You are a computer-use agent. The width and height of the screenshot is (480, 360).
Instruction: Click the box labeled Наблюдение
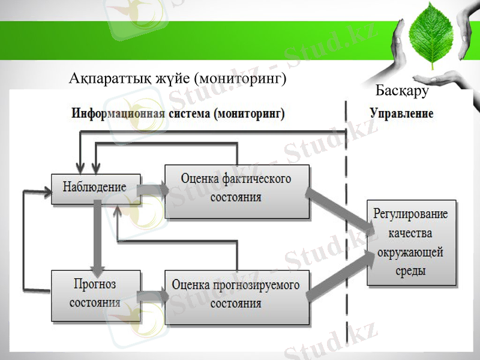(95, 187)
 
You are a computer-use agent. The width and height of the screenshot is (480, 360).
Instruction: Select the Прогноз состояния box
(95, 294)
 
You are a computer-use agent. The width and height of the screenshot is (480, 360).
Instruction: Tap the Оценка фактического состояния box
(236, 187)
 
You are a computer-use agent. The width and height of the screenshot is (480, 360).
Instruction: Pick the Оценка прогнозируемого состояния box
(236, 295)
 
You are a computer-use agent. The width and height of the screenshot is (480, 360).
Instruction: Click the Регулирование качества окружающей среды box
(411, 242)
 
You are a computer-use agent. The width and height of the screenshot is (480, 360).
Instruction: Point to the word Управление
(401, 113)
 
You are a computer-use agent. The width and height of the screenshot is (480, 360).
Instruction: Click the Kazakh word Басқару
(402, 91)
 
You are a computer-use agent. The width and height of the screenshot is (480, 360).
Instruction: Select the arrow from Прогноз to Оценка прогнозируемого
(152, 296)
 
